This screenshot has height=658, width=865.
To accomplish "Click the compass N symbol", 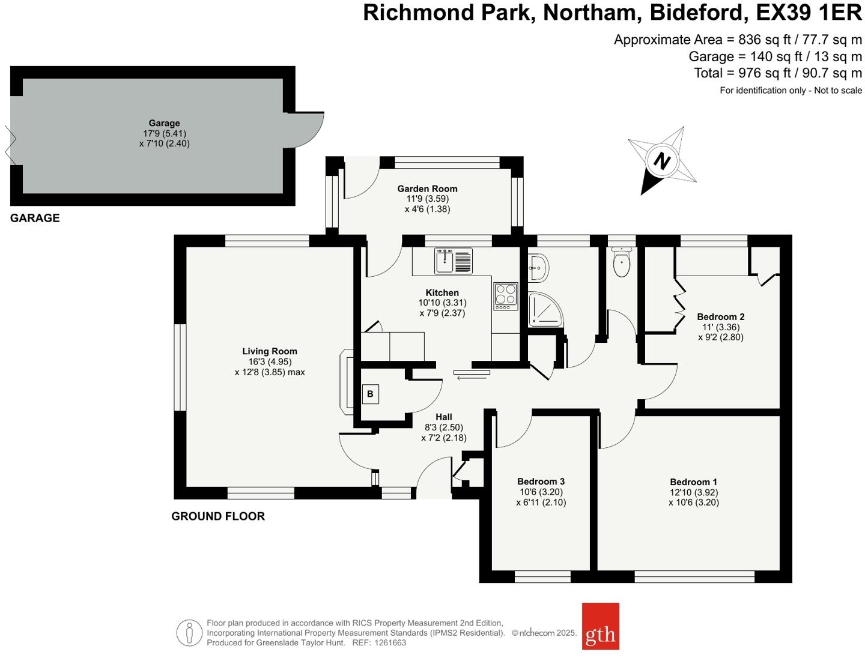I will click(661, 161).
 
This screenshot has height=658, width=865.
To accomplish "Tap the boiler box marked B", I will click(370, 394).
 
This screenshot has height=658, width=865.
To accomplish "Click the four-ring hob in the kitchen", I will click(505, 295).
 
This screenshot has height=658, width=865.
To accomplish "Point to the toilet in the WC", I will click(621, 263).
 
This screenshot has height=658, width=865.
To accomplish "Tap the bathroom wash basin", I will click(538, 267).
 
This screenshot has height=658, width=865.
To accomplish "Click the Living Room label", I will click(270, 351).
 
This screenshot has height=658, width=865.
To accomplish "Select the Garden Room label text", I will click(427, 189).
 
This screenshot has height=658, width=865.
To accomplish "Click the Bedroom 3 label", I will click(541, 481).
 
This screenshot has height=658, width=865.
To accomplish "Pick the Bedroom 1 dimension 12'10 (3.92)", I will click(694, 492).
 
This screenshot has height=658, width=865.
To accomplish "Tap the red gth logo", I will click(600, 626).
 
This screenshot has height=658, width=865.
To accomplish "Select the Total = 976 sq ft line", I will click(777, 73).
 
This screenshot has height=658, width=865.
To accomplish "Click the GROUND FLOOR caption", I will click(218, 516).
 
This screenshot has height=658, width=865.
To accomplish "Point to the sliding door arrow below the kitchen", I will click(472, 375).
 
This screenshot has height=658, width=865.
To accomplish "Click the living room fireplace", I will click(347, 381).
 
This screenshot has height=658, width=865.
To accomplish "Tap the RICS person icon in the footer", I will click(189, 633).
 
